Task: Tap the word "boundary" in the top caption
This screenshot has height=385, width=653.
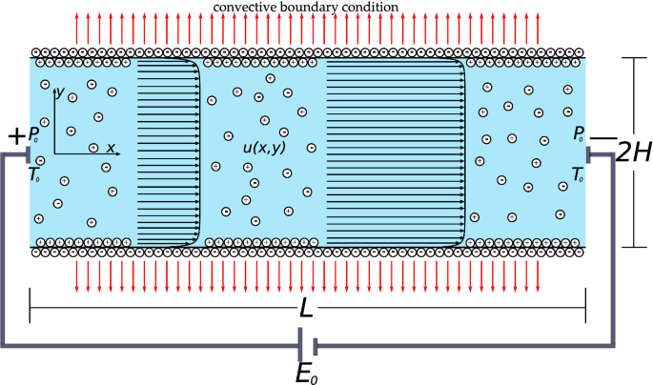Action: coord(310,8)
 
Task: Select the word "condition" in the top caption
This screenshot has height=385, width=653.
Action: coord(371,8)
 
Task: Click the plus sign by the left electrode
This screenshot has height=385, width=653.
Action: coord(15,137)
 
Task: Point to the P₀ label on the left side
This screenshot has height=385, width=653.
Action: coord(33,134)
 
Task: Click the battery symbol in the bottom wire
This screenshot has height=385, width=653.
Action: coord(307,344)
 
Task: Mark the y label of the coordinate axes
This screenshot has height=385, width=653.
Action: coord(59,93)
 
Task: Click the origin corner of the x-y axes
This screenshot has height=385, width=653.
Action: coord(54,152)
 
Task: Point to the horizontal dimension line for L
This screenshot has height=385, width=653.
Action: coord(191,307)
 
